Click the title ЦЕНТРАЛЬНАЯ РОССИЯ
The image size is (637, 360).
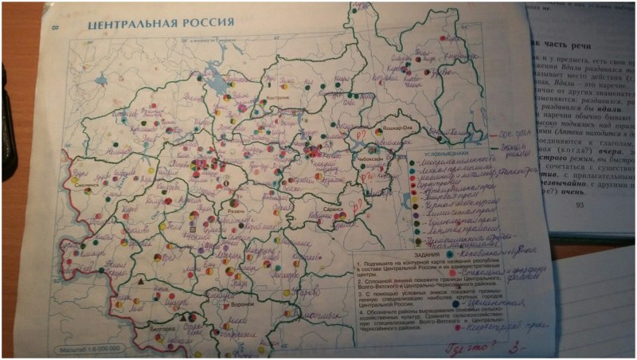(x=160, y=22)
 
